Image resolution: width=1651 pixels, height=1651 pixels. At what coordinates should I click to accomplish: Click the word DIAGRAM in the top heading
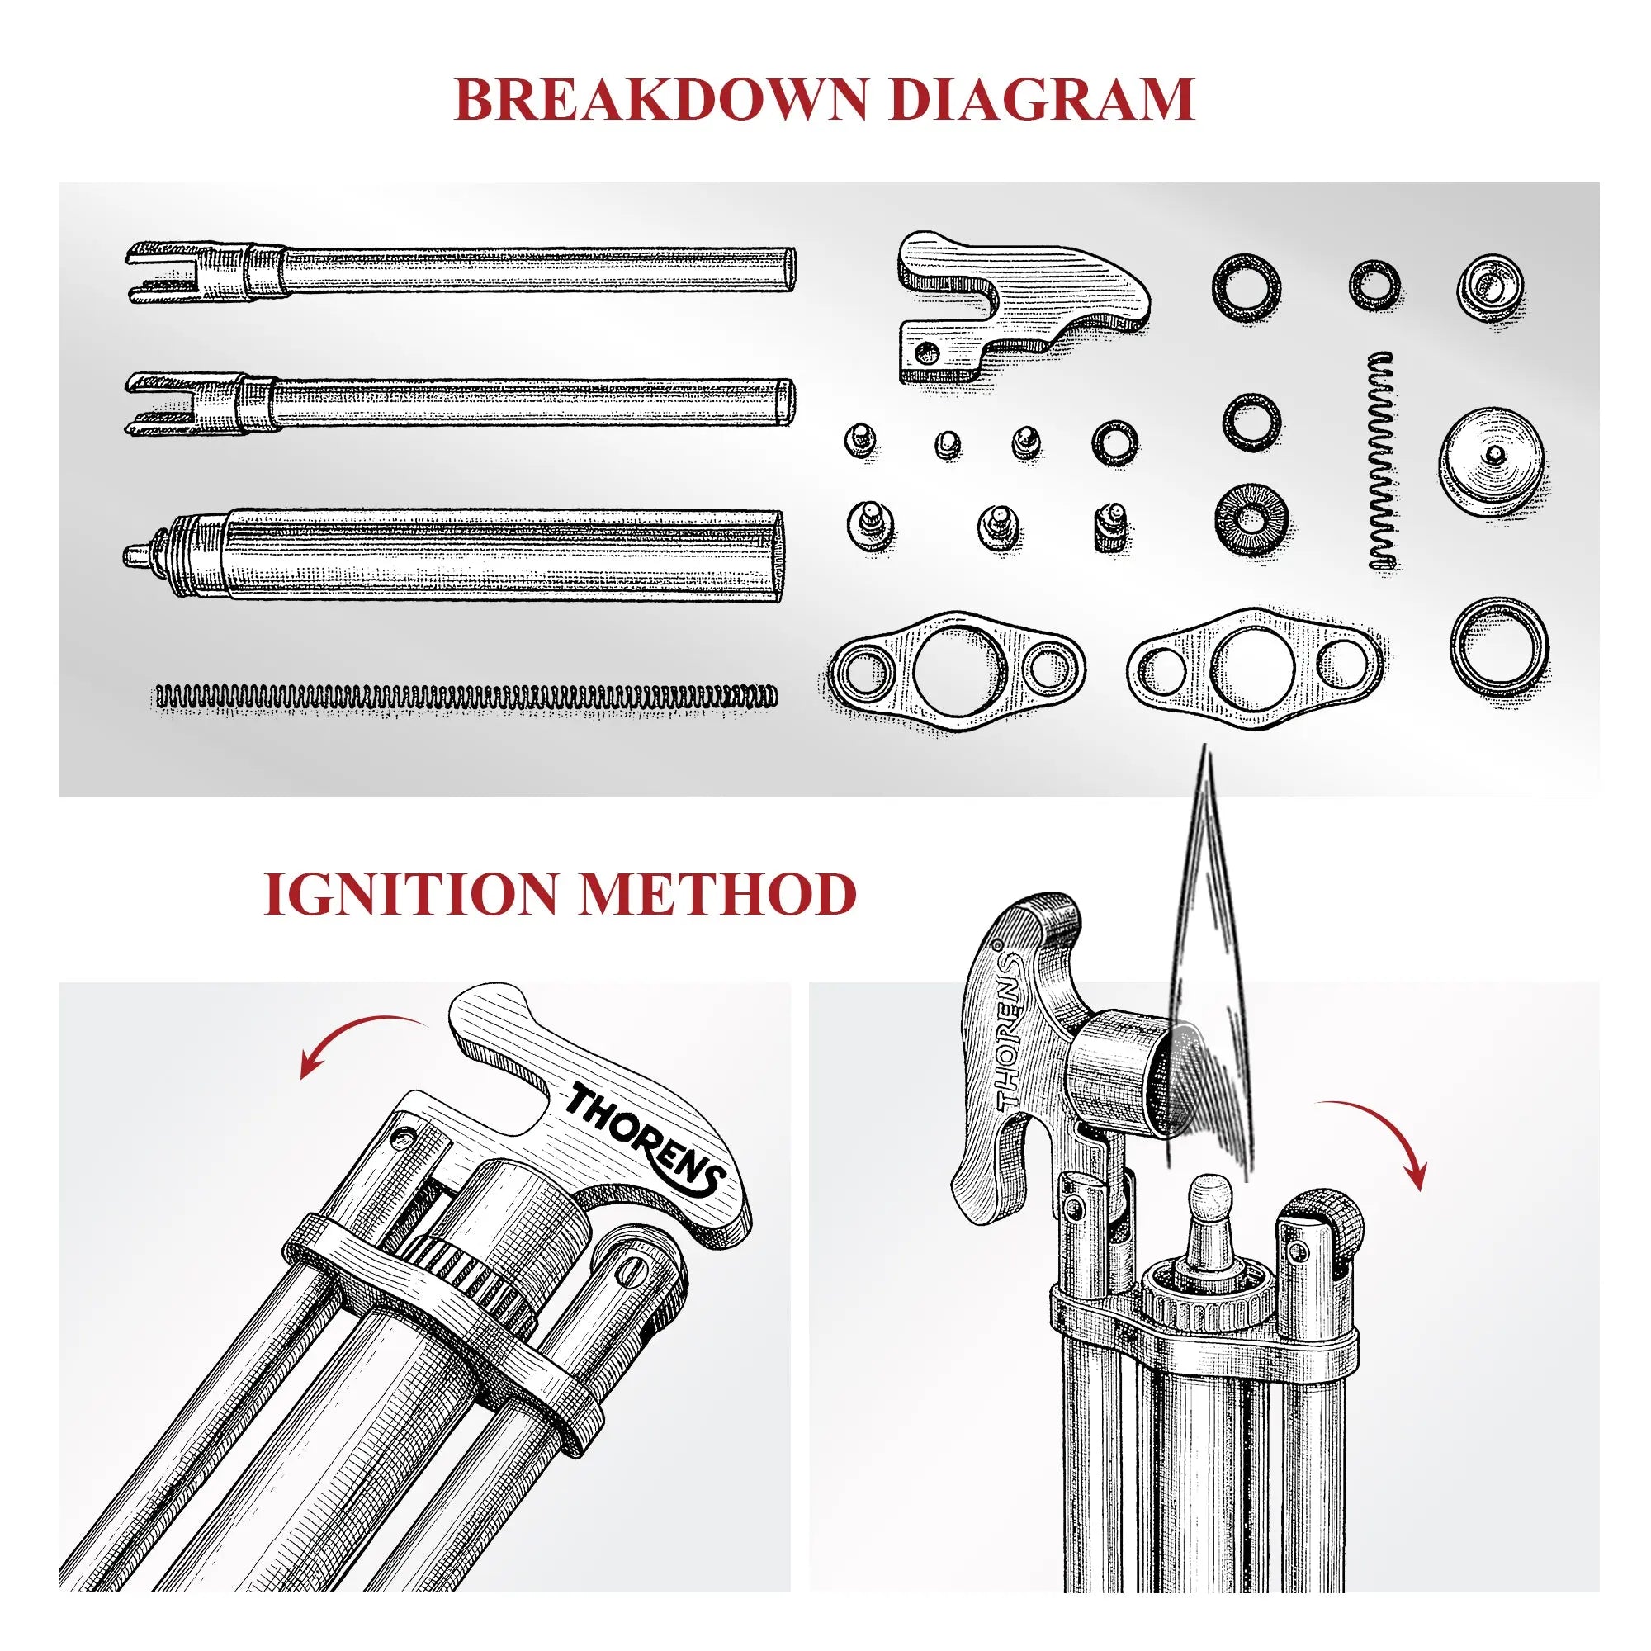tap(1042, 101)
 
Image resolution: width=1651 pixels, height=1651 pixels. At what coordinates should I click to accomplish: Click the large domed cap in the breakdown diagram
tap(1493, 461)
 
